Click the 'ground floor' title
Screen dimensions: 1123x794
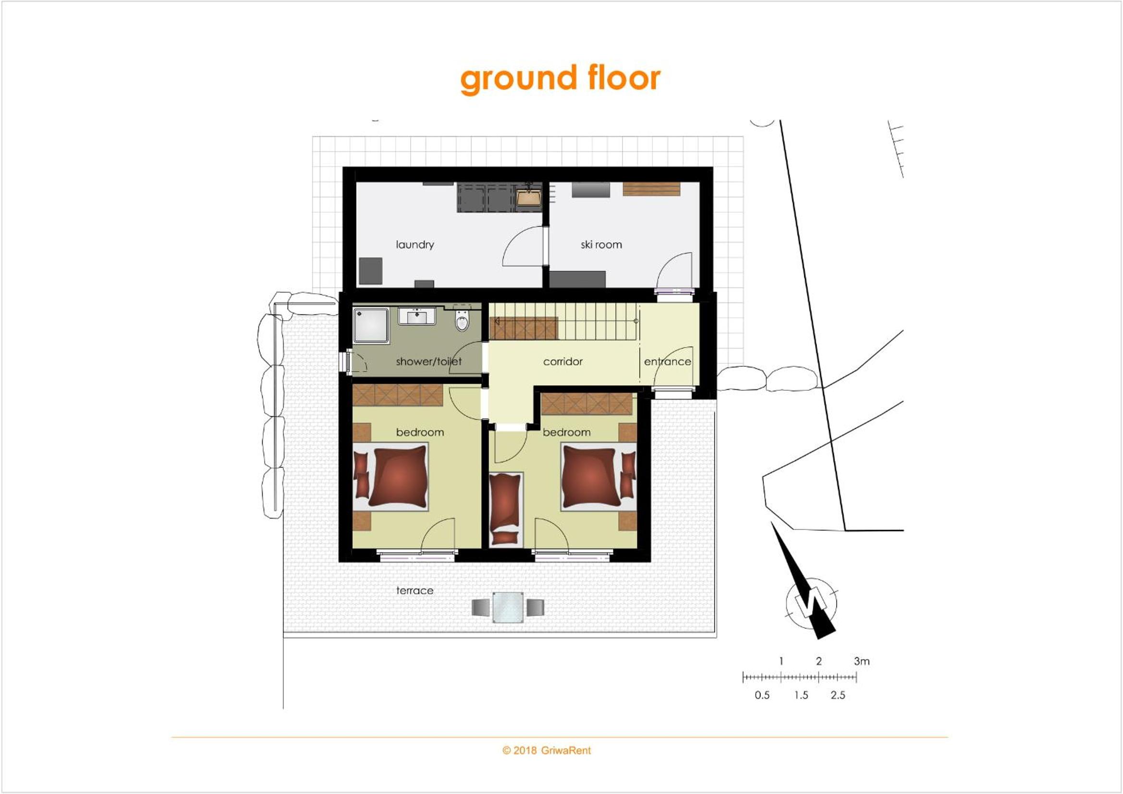[560, 79]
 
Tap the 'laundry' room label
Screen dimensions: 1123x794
[415, 244]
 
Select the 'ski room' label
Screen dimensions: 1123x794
[601, 244]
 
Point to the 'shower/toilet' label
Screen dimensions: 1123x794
[428, 361]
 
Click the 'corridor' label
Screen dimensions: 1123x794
[562, 361]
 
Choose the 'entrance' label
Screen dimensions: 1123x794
[667, 362]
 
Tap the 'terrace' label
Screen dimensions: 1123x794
[415, 590]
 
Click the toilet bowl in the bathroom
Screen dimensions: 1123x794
[462, 320]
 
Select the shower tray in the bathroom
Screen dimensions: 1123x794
[371, 325]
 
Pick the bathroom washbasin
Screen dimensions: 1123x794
[417, 316]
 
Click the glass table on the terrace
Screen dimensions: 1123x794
[508, 607]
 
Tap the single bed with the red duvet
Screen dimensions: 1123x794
[506, 509]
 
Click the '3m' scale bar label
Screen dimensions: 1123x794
[862, 661]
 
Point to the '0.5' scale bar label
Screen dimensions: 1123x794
[762, 695]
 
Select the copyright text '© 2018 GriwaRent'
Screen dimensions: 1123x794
[546, 750]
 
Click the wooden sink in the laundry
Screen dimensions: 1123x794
[529, 196]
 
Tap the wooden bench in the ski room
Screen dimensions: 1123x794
[651, 189]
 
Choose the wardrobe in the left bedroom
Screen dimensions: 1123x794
[398, 395]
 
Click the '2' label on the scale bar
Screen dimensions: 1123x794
[819, 661]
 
